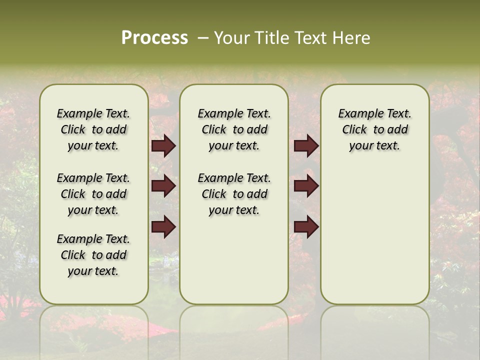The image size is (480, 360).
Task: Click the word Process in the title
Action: (154, 38)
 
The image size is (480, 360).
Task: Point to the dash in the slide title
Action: (202, 38)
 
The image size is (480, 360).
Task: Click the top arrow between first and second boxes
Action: (163, 146)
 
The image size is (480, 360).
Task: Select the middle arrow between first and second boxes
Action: (163, 186)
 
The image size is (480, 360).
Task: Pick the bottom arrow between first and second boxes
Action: (163, 227)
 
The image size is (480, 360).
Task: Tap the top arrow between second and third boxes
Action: (306, 146)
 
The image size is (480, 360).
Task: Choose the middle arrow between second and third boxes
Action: (306, 186)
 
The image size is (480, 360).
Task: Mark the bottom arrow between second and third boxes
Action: (306, 227)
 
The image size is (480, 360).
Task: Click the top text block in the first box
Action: (93, 129)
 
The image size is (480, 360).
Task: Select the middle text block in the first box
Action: (93, 194)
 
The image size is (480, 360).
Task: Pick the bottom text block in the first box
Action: (93, 255)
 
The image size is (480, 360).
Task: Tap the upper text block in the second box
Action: (234, 129)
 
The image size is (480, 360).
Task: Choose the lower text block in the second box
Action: (234, 194)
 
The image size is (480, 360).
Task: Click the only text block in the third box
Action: (374, 129)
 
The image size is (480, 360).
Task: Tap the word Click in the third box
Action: (354, 130)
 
